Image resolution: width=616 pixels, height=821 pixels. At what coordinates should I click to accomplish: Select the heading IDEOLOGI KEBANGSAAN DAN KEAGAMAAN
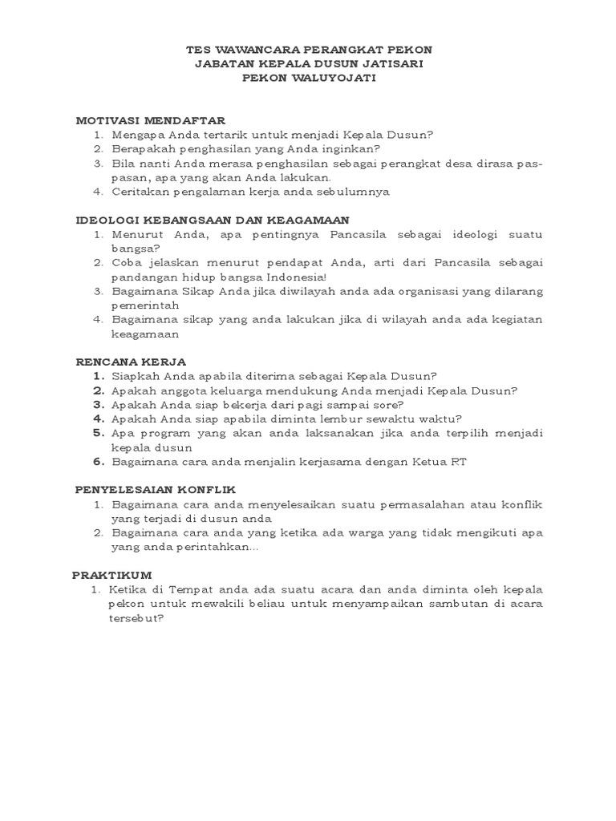[x=213, y=219]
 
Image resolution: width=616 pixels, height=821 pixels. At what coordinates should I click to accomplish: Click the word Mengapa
[x=136, y=135]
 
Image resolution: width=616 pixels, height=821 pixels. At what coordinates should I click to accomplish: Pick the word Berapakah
[x=142, y=148]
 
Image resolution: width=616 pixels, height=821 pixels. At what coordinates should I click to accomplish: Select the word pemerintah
[x=144, y=305]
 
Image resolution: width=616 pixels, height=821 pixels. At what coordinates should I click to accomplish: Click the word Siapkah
[x=136, y=375]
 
